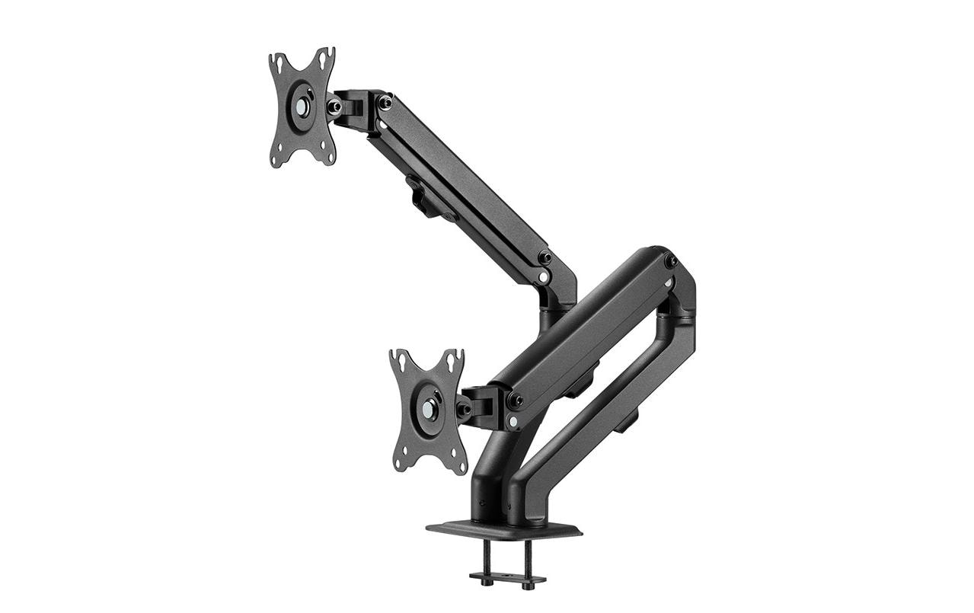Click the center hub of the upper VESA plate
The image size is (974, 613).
pyautogui.click(x=302, y=107)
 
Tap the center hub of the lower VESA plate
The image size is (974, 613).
pyautogui.click(x=428, y=410)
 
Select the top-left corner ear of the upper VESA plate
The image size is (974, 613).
pyautogui.click(x=276, y=61)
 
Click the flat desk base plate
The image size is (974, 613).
pyautogui.click(x=503, y=528)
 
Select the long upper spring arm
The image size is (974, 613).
pyautogui.click(x=465, y=190)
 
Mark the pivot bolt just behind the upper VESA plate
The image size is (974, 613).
pyautogui.click(x=334, y=107)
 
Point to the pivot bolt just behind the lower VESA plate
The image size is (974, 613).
pyautogui.click(x=462, y=409)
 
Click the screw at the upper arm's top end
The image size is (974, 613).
pyautogui.click(x=385, y=101)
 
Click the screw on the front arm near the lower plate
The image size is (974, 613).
pyautogui.click(x=515, y=399)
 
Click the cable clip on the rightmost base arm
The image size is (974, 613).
pyautogui.click(x=626, y=420)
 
